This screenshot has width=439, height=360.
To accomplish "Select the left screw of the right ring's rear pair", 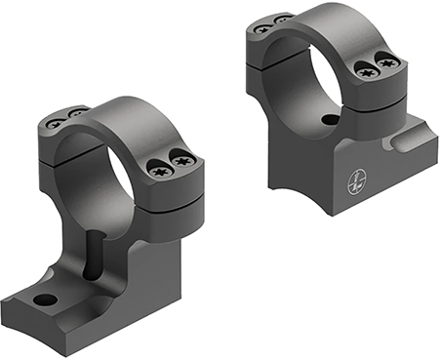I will click(x=261, y=28).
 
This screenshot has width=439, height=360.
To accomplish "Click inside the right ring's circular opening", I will click(x=306, y=70).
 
